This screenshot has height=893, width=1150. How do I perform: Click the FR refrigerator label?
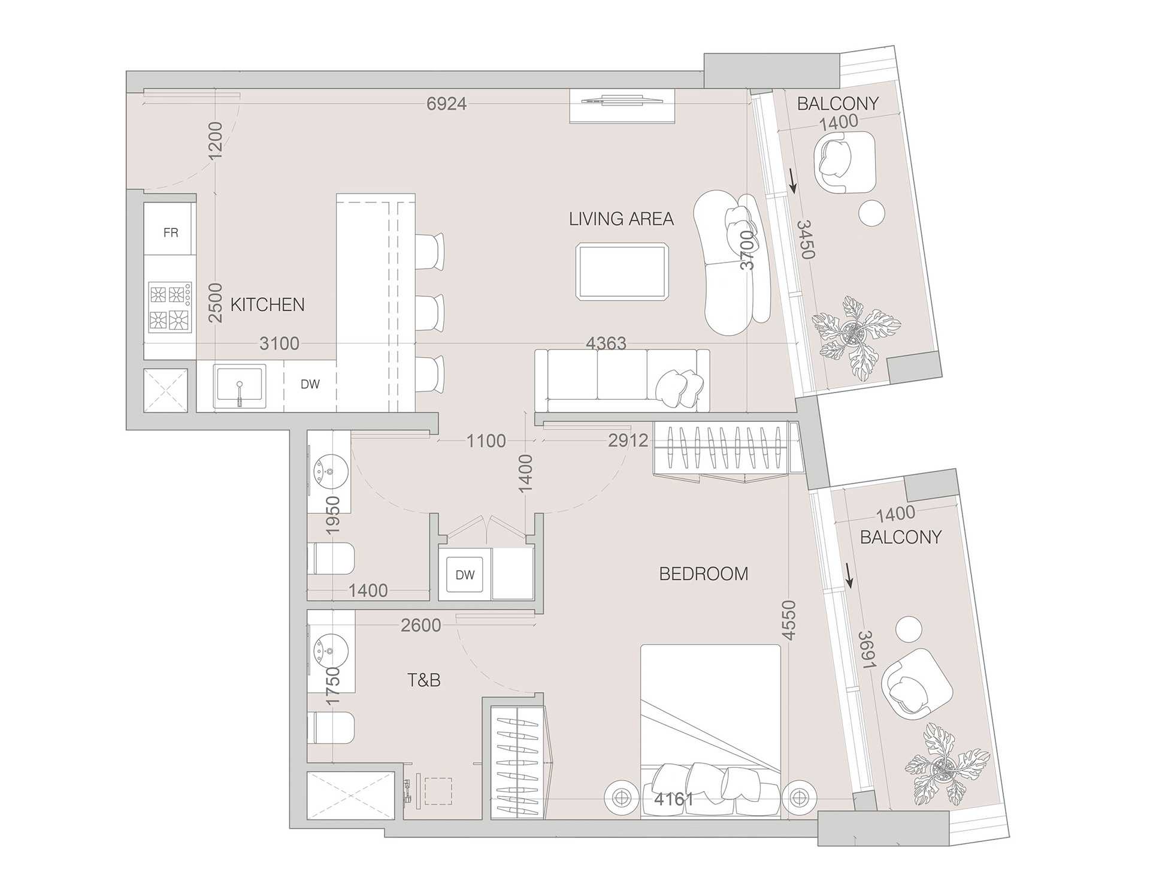[x=171, y=233]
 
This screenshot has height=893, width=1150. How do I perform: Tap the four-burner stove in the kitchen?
[x=170, y=307]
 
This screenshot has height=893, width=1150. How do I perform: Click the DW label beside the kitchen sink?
[x=310, y=385]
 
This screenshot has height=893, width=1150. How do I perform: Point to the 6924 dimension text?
[x=446, y=104]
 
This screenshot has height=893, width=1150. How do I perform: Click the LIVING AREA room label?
[x=621, y=219]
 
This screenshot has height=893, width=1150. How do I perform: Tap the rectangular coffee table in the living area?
[x=621, y=271]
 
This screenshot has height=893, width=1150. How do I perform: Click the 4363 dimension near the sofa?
[x=606, y=343]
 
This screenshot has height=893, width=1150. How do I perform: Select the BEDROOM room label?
[x=703, y=574]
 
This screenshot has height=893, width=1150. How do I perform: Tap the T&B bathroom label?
[x=423, y=680]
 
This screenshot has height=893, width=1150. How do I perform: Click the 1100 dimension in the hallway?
[x=486, y=441]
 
